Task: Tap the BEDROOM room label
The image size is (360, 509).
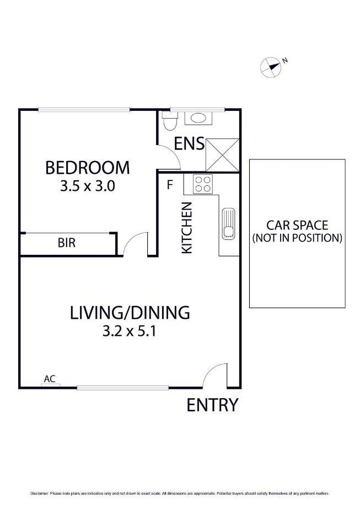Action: pos(87,167)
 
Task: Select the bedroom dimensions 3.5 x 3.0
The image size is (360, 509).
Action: pos(87,186)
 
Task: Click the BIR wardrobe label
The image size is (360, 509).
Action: pos(66,243)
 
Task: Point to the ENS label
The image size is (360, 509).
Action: pos(190,144)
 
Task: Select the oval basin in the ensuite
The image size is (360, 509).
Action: pos(197,117)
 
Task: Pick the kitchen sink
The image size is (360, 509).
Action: pos(228,224)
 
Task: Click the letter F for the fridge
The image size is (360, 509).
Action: pos(170,185)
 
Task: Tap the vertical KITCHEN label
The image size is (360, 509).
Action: pos(187,228)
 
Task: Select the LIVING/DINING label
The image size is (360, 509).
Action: pos(130,313)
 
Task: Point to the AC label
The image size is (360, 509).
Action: pos(50,378)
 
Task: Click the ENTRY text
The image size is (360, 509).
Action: pos(212,405)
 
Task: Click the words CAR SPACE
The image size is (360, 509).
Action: pos(297,225)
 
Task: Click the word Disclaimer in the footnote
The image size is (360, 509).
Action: pos(40,493)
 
